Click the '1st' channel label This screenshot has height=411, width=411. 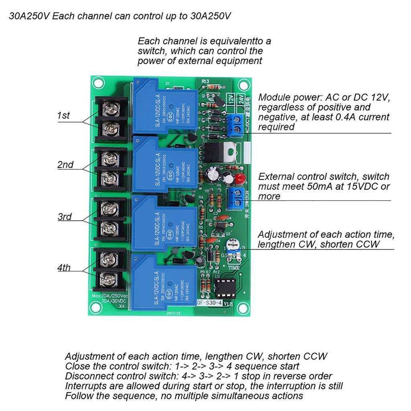click(x=63, y=116)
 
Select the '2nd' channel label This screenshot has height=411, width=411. click(x=65, y=165)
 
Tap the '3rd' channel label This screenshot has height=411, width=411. click(x=65, y=217)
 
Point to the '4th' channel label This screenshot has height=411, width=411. click(x=63, y=267)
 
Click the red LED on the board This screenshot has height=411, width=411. click(x=240, y=179)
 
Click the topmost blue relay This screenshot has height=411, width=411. click(x=165, y=106)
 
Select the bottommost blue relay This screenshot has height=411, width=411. click(x=164, y=284)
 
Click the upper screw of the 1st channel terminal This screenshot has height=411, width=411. click(x=110, y=107)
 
